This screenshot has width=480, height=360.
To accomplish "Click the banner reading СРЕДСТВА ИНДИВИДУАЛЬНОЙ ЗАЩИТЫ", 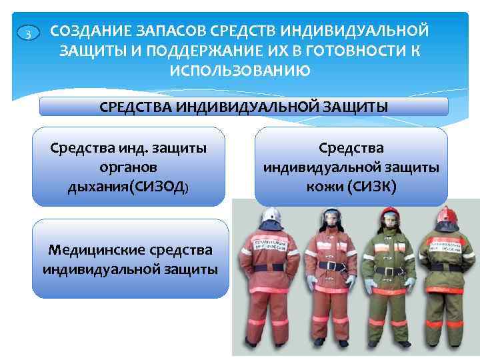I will click(244, 107).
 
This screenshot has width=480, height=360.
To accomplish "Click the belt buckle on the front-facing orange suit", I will click(330, 265).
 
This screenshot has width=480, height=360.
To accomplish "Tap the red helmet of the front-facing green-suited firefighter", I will click(389, 215).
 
